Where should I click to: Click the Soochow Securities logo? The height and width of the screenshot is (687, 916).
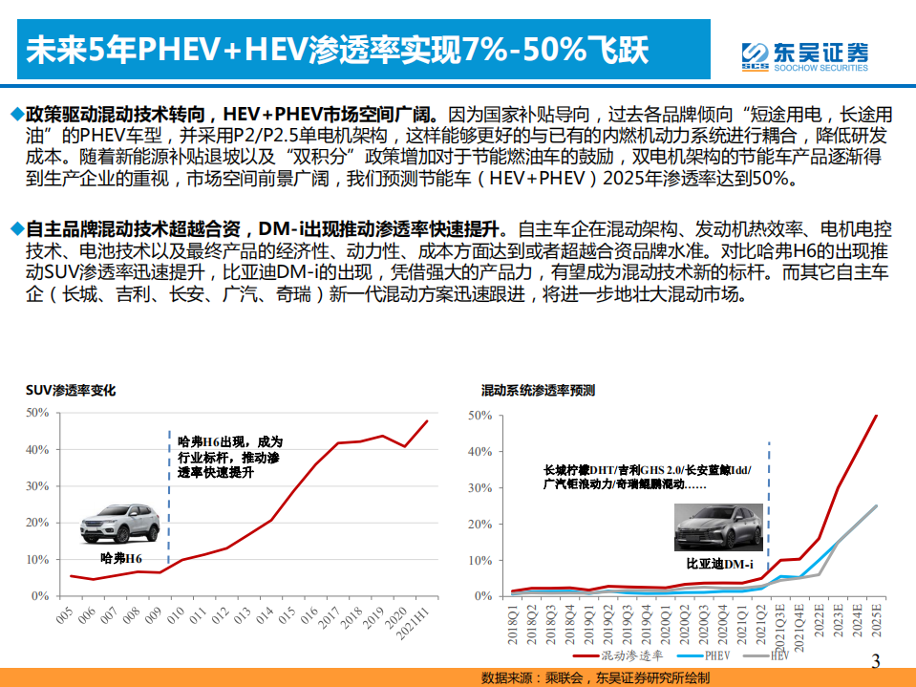point(804,54)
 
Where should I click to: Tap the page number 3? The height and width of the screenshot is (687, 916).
point(877,660)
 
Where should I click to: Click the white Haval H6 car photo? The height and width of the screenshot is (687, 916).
point(119,523)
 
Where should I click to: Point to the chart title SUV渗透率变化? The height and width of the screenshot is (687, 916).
point(71,391)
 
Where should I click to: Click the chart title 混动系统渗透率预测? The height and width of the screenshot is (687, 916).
point(539,391)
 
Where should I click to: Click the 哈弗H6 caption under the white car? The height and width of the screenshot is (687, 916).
point(120,558)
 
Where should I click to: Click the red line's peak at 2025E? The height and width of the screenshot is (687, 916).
point(876,416)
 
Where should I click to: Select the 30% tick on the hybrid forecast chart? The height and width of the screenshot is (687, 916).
point(479,488)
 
